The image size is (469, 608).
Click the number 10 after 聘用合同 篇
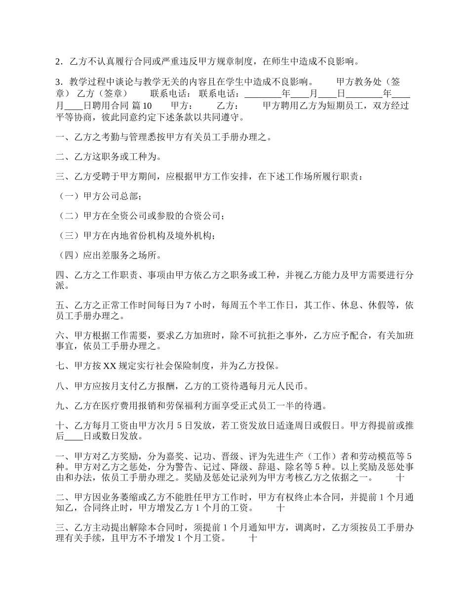[x=147, y=106]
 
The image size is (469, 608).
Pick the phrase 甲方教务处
[x=358, y=81]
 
